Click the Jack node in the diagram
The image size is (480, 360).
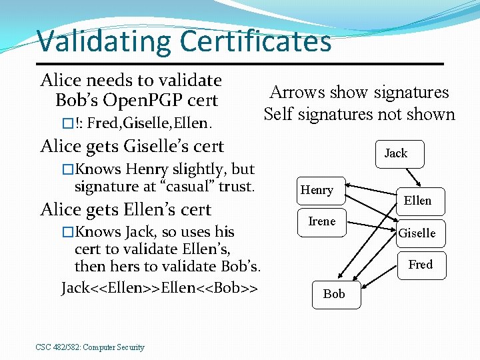(395, 153)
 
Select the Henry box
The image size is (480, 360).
(317, 190)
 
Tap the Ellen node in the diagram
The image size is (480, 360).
(417, 200)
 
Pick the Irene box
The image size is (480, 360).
(322, 221)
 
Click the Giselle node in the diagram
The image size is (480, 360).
(417, 233)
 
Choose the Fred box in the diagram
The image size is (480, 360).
(420, 265)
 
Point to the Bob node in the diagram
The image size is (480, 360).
(334, 293)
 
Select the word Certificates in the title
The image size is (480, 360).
(255, 41)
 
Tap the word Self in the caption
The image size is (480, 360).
(277, 114)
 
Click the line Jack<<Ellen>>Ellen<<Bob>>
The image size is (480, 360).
(160, 288)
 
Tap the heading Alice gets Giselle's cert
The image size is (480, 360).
(132, 145)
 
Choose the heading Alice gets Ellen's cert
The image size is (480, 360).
(126, 209)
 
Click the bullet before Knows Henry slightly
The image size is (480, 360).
(67, 169)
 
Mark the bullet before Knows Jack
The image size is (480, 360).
(67, 232)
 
